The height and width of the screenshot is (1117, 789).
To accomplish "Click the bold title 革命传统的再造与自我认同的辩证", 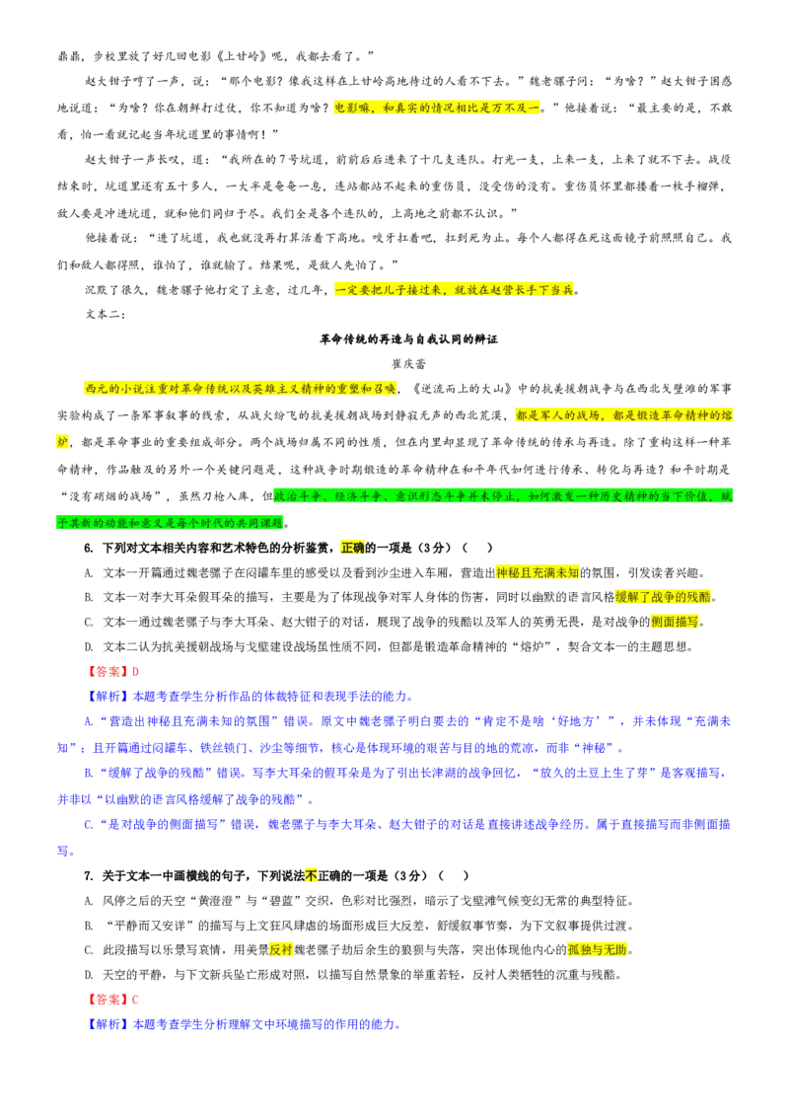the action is click(x=408, y=339).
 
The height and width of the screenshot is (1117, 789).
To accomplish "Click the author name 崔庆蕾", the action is click(x=408, y=364).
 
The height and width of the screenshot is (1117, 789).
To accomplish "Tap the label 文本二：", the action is click(x=106, y=314).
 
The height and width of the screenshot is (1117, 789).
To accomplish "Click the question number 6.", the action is click(x=89, y=548).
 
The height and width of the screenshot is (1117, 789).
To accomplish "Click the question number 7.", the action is click(x=89, y=875).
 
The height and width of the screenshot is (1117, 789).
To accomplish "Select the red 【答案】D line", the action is click(x=111, y=671).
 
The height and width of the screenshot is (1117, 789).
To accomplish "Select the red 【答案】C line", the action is click(x=111, y=1000).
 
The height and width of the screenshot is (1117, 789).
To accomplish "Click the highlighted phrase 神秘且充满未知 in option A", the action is click(x=538, y=572).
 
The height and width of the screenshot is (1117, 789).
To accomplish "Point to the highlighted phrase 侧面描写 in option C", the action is click(x=675, y=622).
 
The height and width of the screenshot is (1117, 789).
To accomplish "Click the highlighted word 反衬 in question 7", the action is click(x=281, y=949).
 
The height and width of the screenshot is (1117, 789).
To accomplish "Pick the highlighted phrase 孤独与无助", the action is click(x=597, y=949).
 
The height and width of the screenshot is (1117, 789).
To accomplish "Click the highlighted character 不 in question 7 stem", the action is click(x=311, y=875).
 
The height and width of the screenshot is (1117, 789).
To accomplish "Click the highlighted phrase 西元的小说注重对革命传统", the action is click(x=156, y=389).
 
